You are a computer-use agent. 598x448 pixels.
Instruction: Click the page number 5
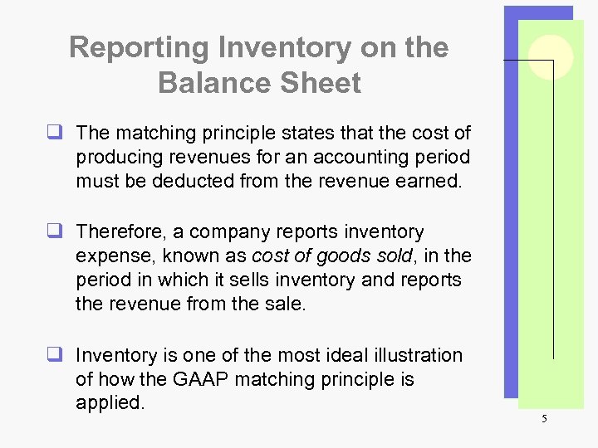pyautogui.click(x=544, y=419)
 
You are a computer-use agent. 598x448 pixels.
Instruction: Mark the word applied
pyautogui.click(x=109, y=403)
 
